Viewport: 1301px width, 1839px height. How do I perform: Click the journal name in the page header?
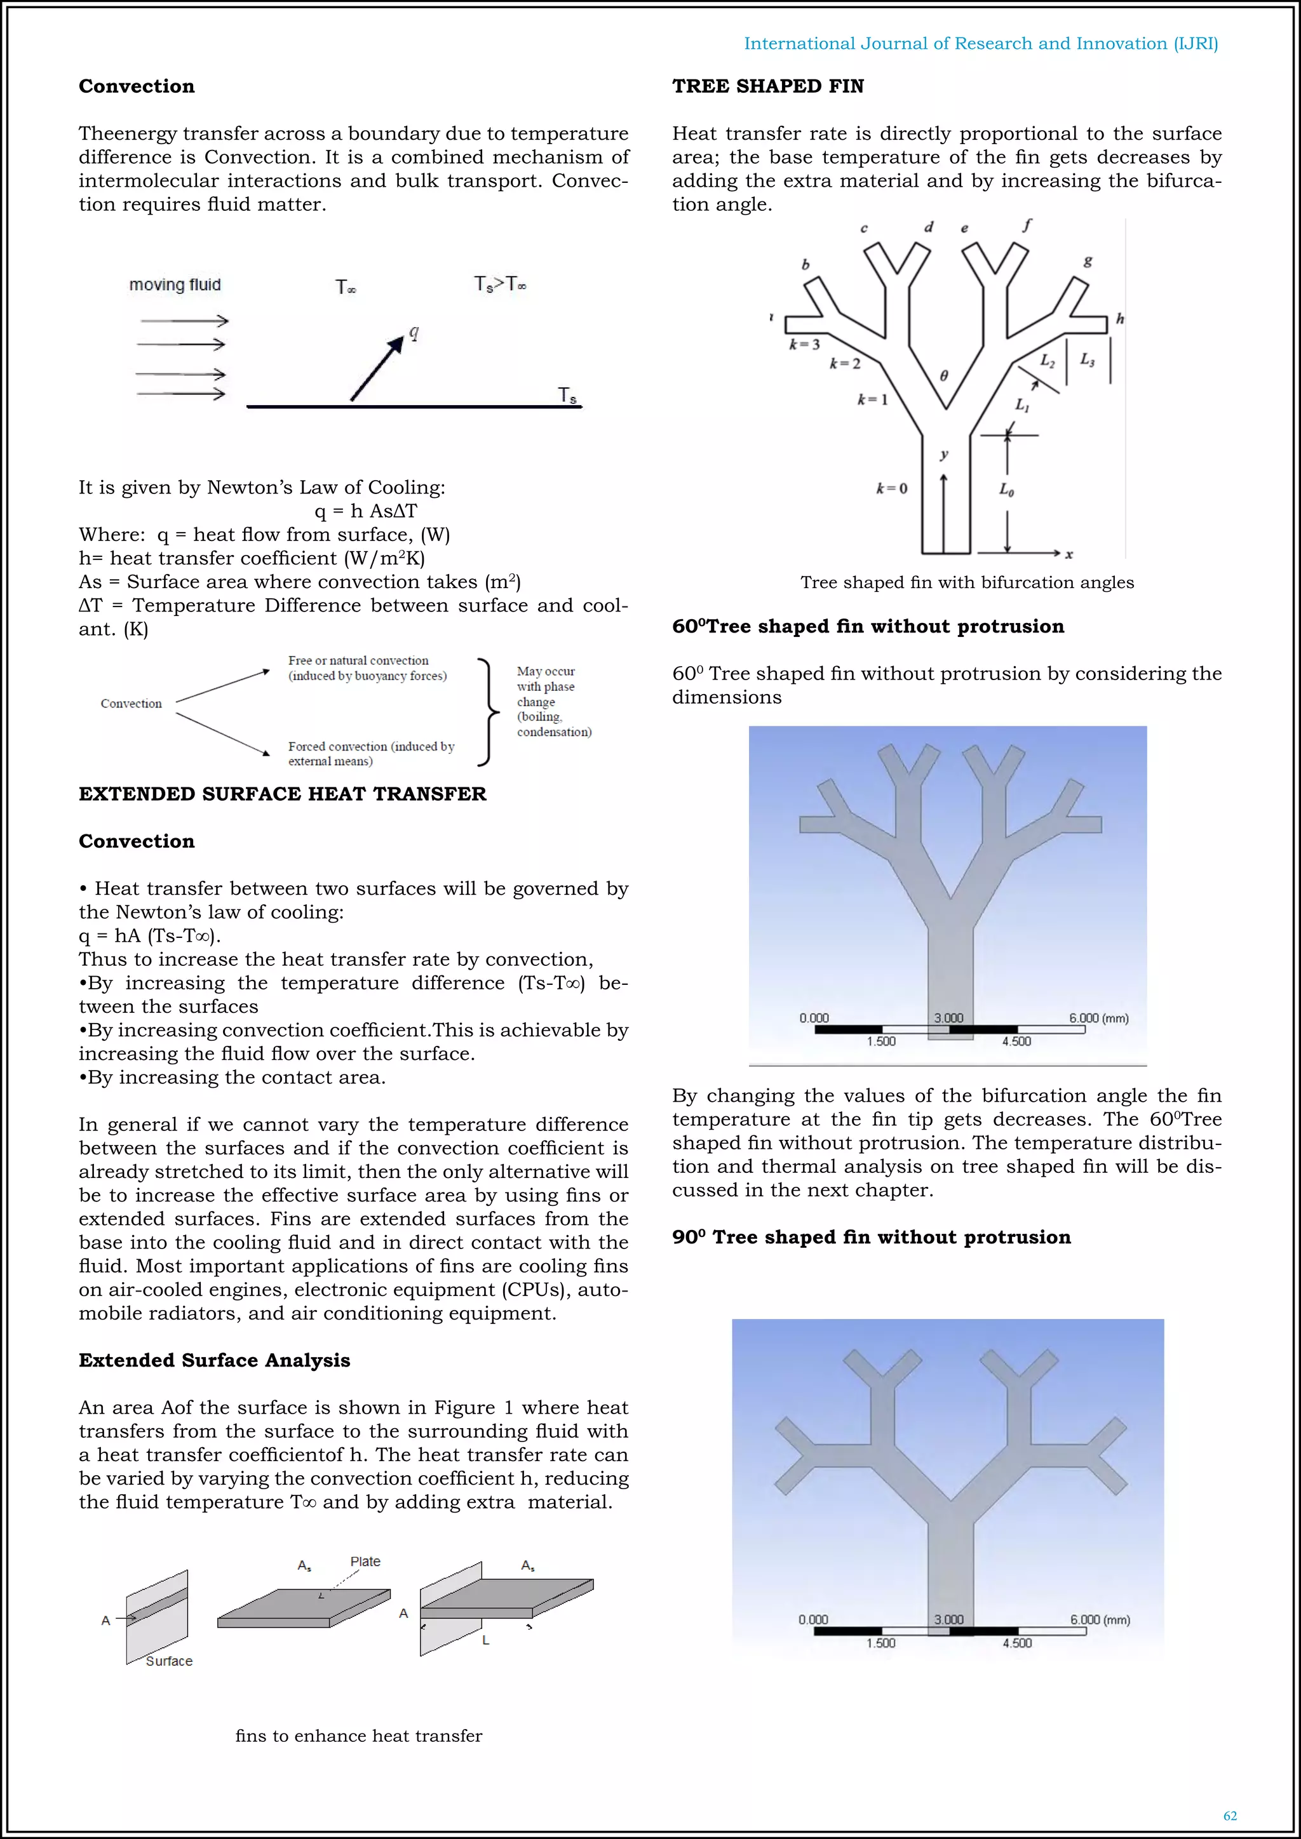tap(981, 43)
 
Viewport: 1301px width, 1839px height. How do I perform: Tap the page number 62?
tap(1230, 1816)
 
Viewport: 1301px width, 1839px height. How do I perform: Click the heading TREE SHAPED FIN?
tap(767, 86)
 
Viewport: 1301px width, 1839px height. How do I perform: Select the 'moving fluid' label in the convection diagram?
tap(175, 285)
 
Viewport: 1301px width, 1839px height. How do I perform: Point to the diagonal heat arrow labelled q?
tap(378, 368)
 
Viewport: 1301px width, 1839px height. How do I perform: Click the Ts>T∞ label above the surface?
tap(500, 284)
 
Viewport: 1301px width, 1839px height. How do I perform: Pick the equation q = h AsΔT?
tap(365, 511)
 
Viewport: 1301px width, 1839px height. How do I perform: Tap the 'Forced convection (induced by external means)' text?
tap(371, 753)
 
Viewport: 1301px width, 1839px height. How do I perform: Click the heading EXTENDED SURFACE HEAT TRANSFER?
tap(282, 794)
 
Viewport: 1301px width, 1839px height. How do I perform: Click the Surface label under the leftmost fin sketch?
tap(169, 1661)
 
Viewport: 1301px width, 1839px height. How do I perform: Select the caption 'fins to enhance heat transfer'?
tap(358, 1735)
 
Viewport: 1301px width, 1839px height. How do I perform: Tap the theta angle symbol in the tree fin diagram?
tap(944, 376)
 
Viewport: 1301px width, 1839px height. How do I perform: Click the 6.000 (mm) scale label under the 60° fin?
tap(1098, 1018)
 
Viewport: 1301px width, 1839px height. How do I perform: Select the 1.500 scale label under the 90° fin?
tap(880, 1643)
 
